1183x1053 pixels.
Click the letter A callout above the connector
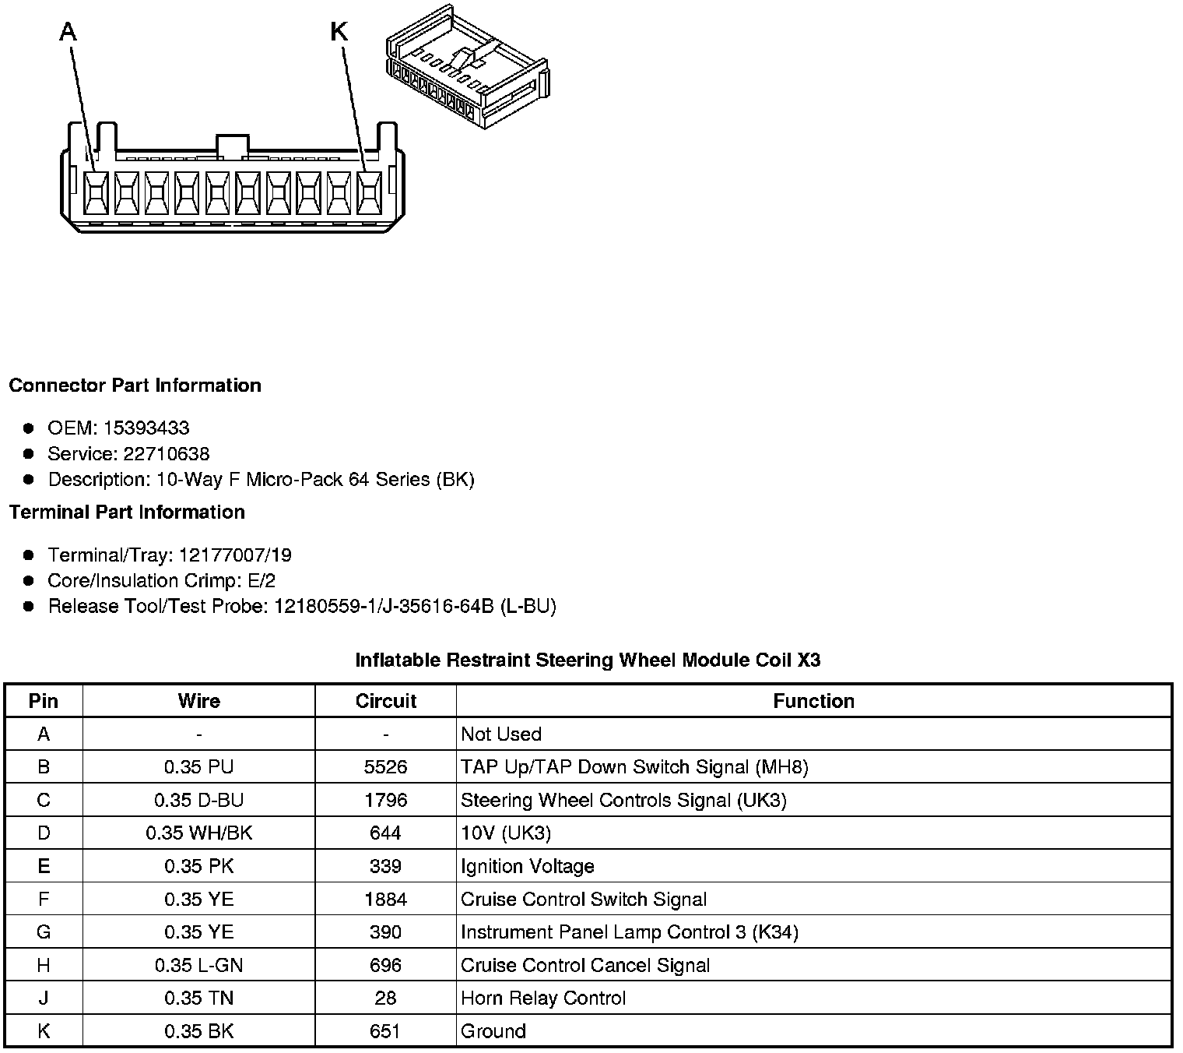[68, 32]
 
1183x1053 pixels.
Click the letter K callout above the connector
[339, 32]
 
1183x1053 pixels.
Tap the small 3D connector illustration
[467, 69]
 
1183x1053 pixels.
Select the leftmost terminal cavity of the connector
[96, 192]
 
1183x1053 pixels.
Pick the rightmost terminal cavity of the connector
[369, 192]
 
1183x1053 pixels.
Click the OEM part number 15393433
[146, 428]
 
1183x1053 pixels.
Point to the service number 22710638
[166, 453]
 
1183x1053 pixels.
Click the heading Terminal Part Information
[127, 512]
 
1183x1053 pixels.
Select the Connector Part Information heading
[135, 386]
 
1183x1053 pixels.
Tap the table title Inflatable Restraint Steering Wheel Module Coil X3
[588, 660]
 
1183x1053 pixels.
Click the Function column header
[813, 701]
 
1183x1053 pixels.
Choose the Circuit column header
[385, 701]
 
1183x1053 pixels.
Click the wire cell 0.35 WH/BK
[198, 833]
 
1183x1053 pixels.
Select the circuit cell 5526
[385, 767]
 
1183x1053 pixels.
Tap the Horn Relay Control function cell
[543, 998]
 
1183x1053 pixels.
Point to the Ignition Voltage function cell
[527, 866]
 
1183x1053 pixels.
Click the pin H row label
[44, 966]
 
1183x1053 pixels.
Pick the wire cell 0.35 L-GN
[198, 966]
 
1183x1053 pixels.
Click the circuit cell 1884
[385, 900]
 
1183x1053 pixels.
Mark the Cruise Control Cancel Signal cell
[585, 966]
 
